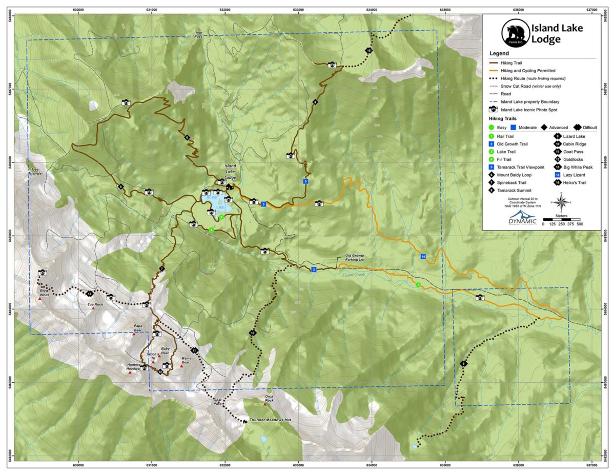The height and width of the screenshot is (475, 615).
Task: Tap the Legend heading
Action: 499,53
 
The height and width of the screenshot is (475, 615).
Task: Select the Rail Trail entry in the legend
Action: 505,136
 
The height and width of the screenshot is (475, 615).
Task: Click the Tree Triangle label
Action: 34,171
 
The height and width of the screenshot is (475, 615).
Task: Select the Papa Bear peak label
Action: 137,328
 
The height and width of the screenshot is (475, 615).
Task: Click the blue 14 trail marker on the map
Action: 423,256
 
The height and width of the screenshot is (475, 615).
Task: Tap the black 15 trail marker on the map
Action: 368,50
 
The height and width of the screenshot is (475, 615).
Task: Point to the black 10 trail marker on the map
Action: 253,334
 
